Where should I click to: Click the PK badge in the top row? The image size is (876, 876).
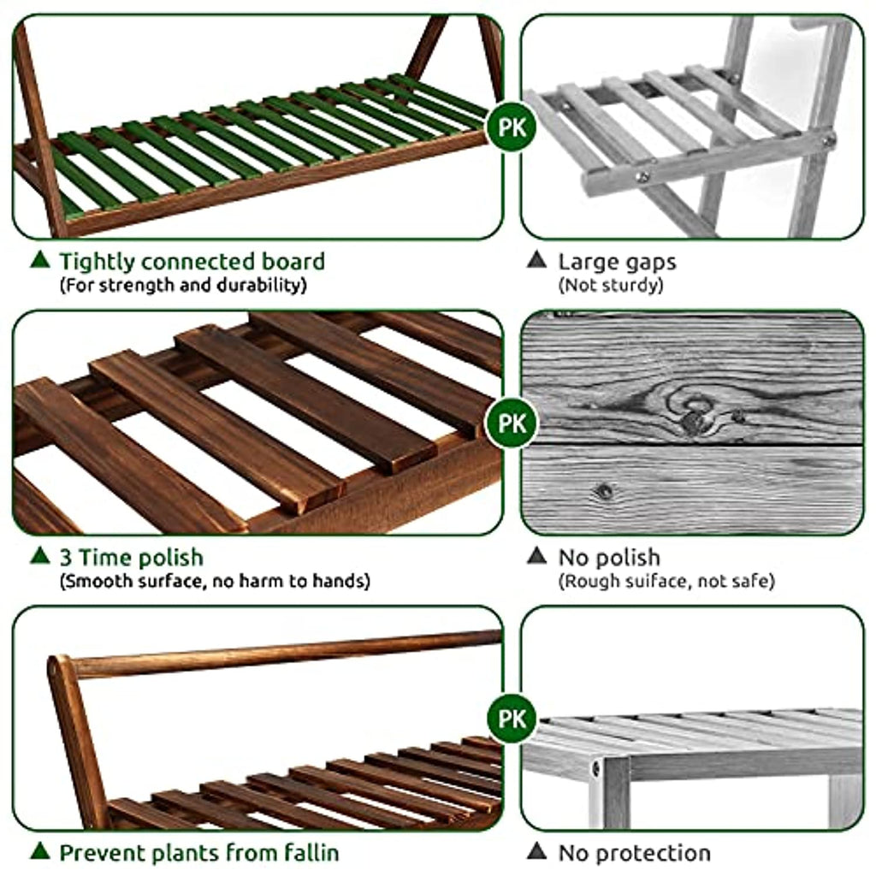click(x=512, y=127)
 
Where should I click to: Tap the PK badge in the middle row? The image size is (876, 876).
click(x=512, y=423)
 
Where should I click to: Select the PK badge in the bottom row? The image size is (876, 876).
click(x=512, y=718)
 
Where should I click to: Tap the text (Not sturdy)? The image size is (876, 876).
click(x=611, y=286)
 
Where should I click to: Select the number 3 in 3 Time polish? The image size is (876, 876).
click(x=65, y=558)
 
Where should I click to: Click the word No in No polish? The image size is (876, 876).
click(x=573, y=558)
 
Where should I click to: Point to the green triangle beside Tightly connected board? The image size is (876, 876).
click(x=39, y=259)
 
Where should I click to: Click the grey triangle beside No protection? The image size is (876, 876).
click(x=537, y=851)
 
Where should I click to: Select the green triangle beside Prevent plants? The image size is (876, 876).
click(x=39, y=851)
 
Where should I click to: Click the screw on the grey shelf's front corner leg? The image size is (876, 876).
click(x=596, y=769)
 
